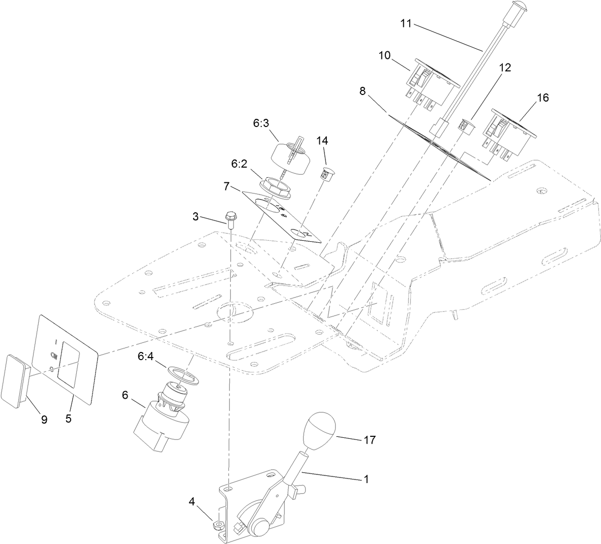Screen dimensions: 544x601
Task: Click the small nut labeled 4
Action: click(x=217, y=523)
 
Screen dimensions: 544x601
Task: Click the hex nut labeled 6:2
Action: click(x=275, y=187)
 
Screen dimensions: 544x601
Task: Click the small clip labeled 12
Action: click(x=465, y=124)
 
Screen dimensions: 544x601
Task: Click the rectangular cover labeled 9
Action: click(x=15, y=378)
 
